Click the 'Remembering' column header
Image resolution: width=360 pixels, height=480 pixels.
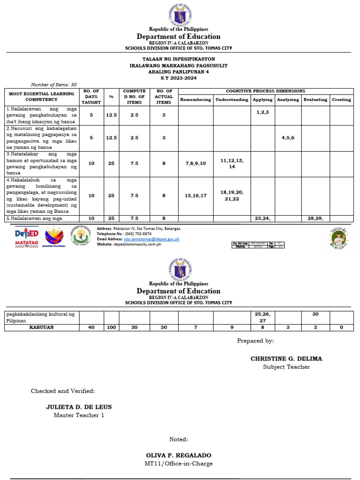(195, 100)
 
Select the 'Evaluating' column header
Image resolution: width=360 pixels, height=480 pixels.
(315, 100)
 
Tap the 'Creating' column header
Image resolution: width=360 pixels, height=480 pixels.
(341, 100)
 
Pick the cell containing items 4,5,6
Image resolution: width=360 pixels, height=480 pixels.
(288, 138)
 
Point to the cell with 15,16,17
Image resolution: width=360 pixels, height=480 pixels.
(195, 195)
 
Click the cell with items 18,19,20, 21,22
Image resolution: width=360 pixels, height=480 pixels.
(232, 195)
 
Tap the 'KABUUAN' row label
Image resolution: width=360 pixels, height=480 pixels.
(42, 327)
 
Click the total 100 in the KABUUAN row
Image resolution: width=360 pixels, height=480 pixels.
(111, 327)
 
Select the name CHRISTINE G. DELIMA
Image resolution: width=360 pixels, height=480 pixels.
(286, 359)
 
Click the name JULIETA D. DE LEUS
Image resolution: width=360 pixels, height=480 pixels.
(79, 407)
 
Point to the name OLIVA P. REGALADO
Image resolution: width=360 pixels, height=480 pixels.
(179, 455)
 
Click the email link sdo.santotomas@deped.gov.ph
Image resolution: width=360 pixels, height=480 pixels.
(151, 239)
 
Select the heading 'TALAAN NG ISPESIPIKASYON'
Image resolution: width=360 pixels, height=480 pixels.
(179, 60)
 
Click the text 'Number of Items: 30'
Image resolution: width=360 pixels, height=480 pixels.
(53, 84)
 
